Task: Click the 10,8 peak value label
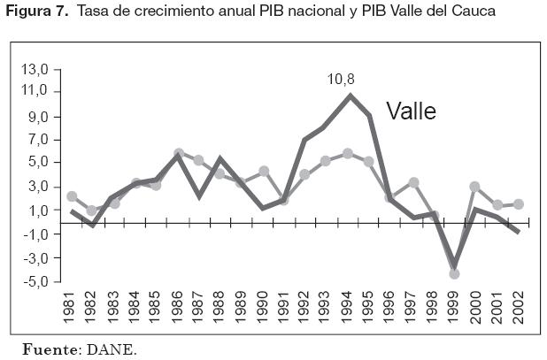[340, 79]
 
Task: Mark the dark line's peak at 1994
[351, 96]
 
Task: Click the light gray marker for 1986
[179, 153]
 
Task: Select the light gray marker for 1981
[72, 196]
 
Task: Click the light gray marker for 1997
[413, 182]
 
